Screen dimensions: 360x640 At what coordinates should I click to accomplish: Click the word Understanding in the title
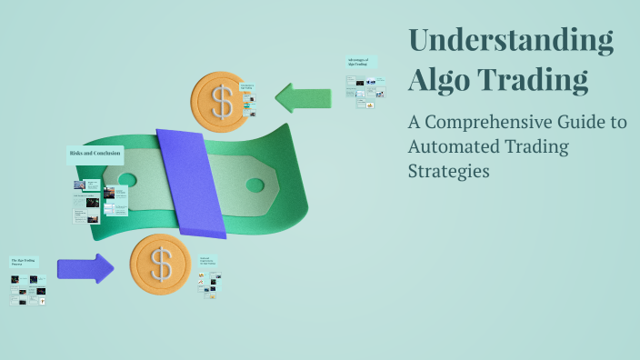(x=511, y=42)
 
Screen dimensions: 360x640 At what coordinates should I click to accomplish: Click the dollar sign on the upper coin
(x=222, y=100)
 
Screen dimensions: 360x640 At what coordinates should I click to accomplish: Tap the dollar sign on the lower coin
(x=161, y=265)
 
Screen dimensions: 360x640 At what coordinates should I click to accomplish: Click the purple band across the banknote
(x=190, y=182)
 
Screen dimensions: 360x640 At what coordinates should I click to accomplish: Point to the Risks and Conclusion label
(x=95, y=154)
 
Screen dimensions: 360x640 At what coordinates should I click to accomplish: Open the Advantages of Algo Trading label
(x=361, y=63)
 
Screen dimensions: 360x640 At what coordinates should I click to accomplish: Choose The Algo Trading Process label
(x=25, y=263)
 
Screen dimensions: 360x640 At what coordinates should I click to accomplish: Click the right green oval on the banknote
(x=255, y=185)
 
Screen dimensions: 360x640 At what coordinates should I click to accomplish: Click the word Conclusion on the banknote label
(x=106, y=154)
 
